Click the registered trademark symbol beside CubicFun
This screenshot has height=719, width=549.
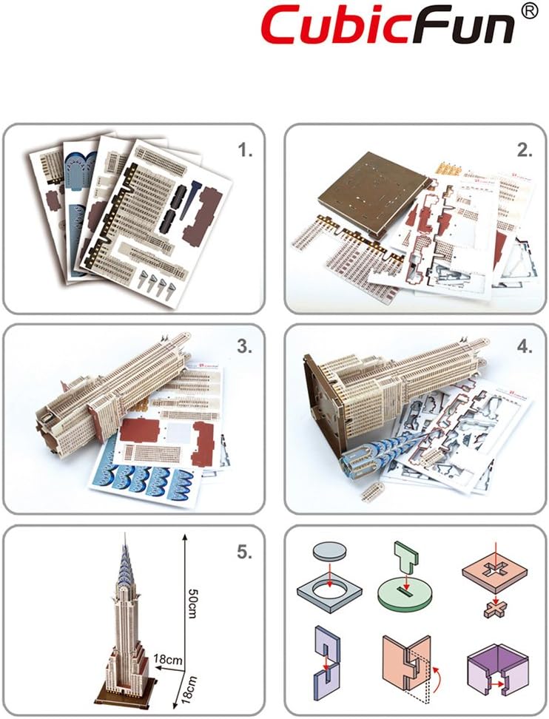click(529, 12)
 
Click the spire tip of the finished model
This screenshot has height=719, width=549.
click(121, 539)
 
